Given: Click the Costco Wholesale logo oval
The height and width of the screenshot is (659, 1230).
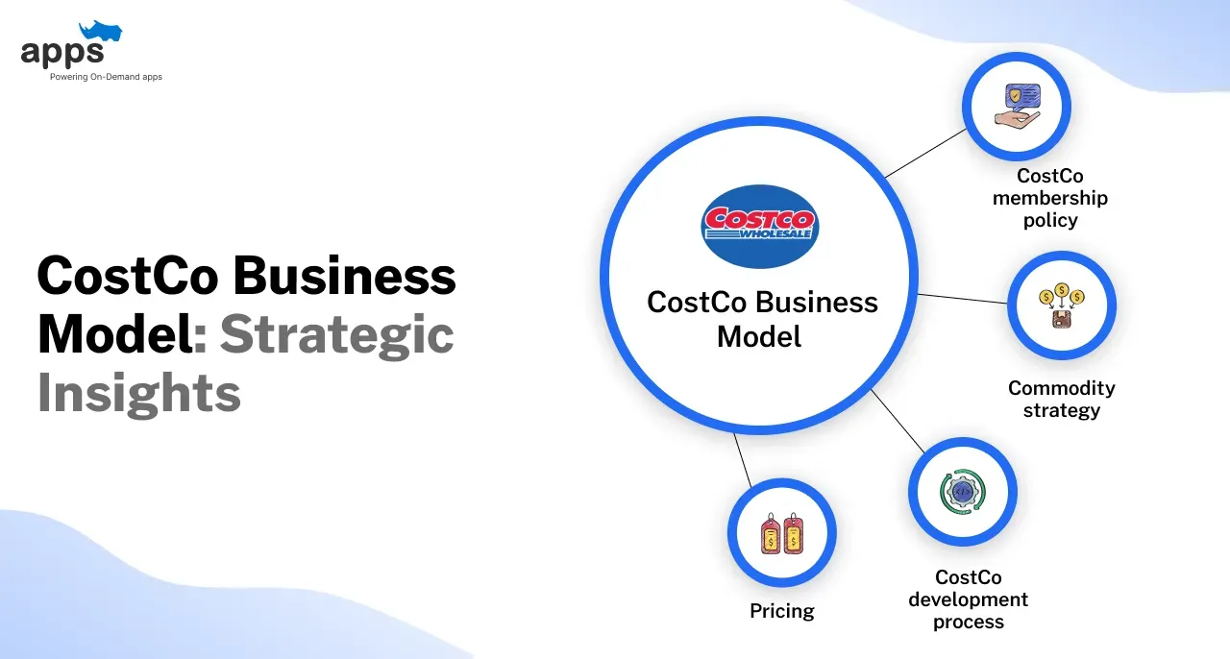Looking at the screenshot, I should (758, 226).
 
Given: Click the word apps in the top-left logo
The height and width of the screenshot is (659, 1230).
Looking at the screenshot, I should (61, 53).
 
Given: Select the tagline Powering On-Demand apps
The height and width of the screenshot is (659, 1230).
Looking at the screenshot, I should (106, 77).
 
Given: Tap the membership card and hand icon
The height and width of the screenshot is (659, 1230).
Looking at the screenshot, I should (1016, 106).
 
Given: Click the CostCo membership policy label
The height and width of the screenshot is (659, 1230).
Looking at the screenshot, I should (1049, 198).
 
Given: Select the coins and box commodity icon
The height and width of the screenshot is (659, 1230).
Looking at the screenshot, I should (1061, 305).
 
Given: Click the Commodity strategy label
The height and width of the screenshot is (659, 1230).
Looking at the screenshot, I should (1061, 399).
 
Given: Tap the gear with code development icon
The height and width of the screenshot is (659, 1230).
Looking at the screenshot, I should (962, 491).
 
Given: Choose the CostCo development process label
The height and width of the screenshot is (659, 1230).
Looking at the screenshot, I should (968, 599).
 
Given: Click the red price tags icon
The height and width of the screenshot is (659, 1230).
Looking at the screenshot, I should (781, 533).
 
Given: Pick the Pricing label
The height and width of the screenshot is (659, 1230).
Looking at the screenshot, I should (781, 611).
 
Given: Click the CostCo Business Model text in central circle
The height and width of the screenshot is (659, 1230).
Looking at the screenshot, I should (762, 319).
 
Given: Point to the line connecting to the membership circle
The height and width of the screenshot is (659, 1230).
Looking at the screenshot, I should (924, 154).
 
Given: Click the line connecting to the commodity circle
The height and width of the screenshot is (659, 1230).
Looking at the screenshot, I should (962, 298).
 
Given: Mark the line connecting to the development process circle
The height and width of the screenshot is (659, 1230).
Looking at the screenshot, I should (898, 423).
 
